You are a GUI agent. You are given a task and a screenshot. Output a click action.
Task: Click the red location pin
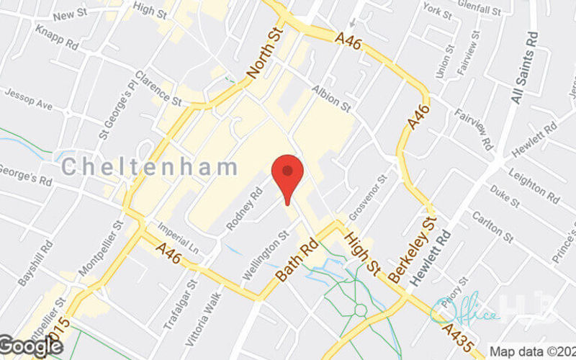(x=287, y=173)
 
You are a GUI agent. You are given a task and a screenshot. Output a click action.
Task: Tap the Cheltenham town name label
(x=149, y=168)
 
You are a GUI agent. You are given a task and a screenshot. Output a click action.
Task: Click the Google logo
(x=31, y=346)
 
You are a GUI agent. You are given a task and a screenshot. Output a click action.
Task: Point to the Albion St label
(x=330, y=99)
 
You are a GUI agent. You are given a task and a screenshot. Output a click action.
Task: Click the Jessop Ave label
(x=30, y=99)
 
